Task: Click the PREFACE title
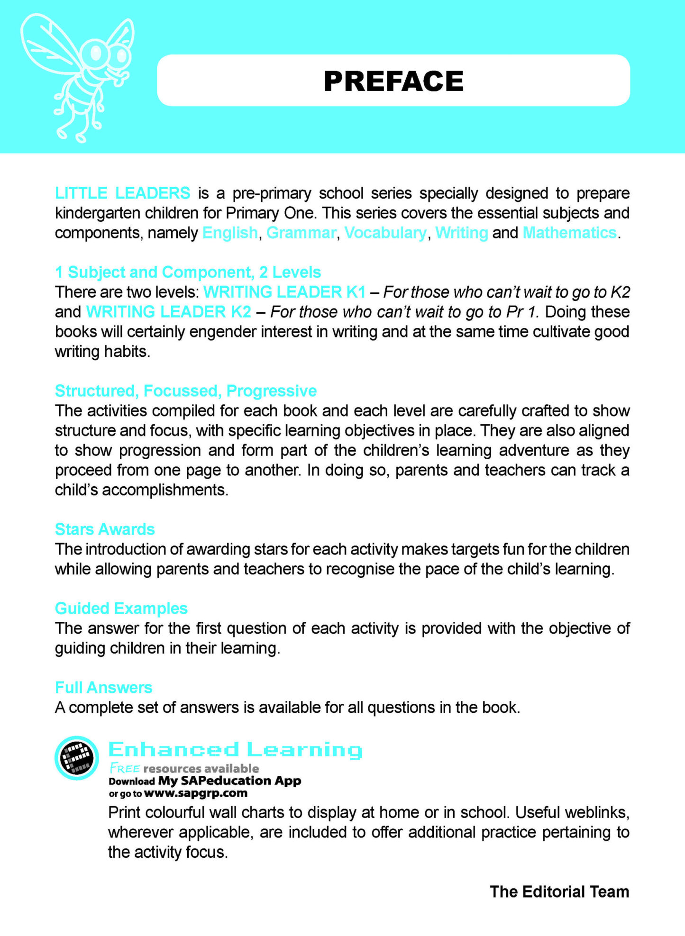pyautogui.click(x=393, y=81)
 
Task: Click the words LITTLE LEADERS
pyautogui.click(x=122, y=193)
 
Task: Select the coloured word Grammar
pyautogui.click(x=301, y=233)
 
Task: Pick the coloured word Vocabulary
pyautogui.click(x=385, y=233)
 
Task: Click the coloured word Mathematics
pyautogui.click(x=569, y=233)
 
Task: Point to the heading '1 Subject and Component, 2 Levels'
pyautogui.click(x=188, y=272)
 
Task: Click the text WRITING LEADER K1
pyautogui.click(x=284, y=292)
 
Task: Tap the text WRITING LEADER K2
pyautogui.click(x=168, y=312)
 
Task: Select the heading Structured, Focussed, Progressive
pyautogui.click(x=186, y=391)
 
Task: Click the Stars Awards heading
pyautogui.click(x=105, y=529)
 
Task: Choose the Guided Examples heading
pyautogui.click(x=121, y=608)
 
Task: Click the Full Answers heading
pyautogui.click(x=103, y=687)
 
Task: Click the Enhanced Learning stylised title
pyautogui.click(x=235, y=750)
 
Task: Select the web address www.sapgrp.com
pyautogui.click(x=195, y=793)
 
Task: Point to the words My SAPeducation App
pyautogui.click(x=229, y=781)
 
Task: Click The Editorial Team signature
pyautogui.click(x=559, y=891)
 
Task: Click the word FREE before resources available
pyautogui.click(x=125, y=768)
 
